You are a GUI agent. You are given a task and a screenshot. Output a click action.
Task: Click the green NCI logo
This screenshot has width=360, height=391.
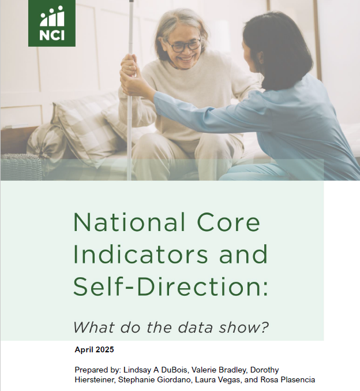click(52, 23)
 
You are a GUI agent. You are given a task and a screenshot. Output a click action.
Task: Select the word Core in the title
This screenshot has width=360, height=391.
click(228, 222)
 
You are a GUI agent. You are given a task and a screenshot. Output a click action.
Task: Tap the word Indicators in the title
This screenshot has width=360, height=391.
click(141, 254)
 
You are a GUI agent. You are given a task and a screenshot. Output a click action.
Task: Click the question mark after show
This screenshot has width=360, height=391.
click(265, 327)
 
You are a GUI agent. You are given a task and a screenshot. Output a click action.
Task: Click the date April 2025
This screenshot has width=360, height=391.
click(94, 349)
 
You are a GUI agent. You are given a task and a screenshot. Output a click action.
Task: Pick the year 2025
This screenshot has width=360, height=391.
click(104, 349)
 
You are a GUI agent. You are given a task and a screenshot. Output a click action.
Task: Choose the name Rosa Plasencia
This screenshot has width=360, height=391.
click(288, 380)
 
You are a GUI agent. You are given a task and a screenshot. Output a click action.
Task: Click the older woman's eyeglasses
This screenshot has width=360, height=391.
click(183, 46)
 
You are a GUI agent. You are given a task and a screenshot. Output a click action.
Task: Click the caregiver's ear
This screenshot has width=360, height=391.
click(261, 58)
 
